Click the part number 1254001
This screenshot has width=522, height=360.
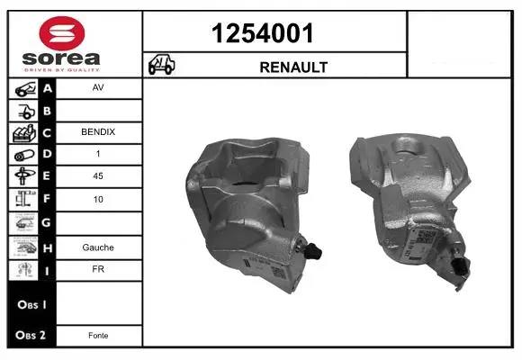click(262, 33)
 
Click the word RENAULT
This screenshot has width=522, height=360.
click(293, 67)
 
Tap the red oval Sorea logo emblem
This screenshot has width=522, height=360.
click(62, 33)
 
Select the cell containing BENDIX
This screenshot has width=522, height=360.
click(98, 132)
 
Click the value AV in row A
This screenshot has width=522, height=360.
click(98, 87)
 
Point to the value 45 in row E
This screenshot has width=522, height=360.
click(98, 175)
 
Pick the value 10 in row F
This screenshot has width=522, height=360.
click(98, 199)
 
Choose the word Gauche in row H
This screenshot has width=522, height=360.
click(98, 247)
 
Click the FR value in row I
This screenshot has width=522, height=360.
click(98, 269)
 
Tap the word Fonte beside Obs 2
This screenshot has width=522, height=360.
click(98, 336)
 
